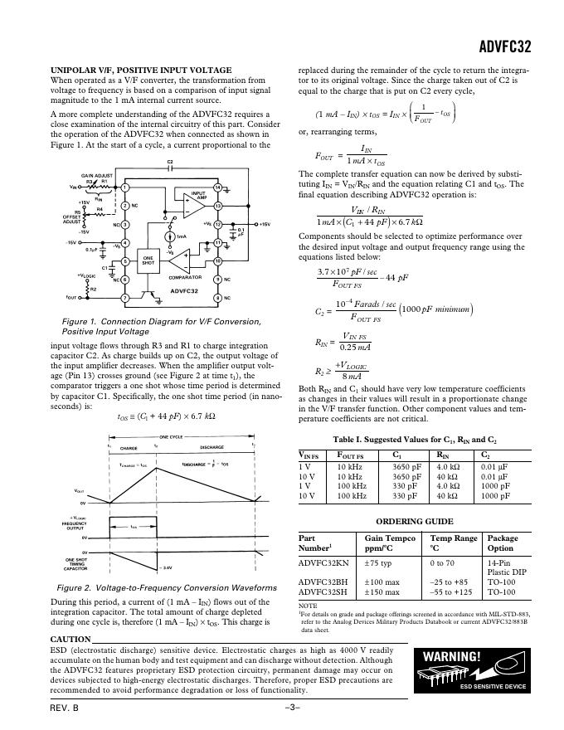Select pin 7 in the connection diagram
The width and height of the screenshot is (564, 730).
pyautogui.click(x=124, y=298)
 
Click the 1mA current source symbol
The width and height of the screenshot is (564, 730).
pyautogui.click(x=170, y=236)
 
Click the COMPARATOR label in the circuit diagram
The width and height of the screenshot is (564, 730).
pyautogui.click(x=185, y=277)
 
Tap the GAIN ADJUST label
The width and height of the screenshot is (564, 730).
pyautogui.click(x=95, y=176)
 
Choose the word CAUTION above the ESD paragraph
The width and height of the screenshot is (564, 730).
pyautogui.click(x=70, y=639)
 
